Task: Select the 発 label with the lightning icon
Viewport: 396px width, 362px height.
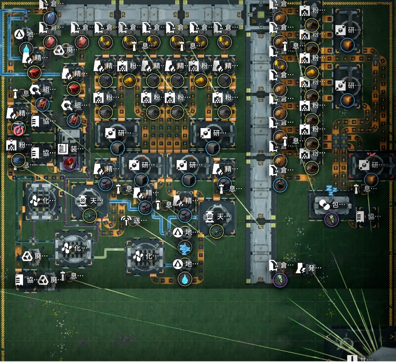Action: (312, 268)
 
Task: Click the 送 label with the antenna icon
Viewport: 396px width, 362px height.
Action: (137, 221)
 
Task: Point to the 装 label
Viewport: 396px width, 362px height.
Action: (74, 149)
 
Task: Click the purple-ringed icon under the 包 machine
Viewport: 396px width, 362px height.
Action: (331, 220)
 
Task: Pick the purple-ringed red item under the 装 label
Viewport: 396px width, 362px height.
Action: (70, 163)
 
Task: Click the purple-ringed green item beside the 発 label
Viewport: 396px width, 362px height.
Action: (280, 279)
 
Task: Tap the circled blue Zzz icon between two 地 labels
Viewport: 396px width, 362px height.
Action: (185, 248)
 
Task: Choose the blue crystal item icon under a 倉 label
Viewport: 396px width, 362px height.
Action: (50, 18)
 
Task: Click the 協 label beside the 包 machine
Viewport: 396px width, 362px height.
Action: (371, 216)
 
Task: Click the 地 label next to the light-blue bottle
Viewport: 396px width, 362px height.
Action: (30, 34)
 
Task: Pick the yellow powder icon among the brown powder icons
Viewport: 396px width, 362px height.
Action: (312, 72)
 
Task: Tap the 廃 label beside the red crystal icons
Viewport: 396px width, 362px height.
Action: (70, 50)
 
